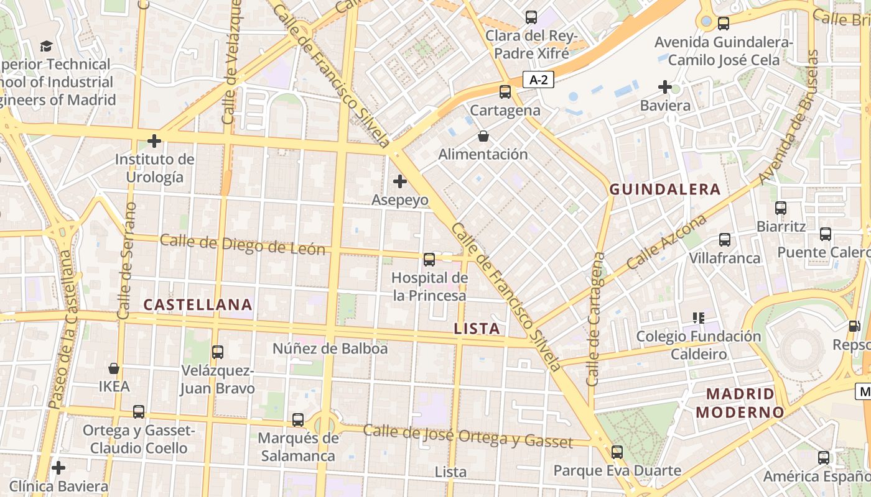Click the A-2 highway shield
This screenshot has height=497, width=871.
[x=538, y=80]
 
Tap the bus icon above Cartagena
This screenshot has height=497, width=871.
[x=505, y=92]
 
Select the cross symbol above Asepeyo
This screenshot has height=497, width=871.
[x=400, y=181]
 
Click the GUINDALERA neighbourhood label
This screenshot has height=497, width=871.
[x=665, y=189]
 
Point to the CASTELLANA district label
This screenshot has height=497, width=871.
[x=198, y=304]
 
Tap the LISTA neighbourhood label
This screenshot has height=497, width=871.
[x=477, y=329]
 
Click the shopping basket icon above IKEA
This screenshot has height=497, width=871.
[x=114, y=368]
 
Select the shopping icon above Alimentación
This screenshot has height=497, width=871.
[x=483, y=135]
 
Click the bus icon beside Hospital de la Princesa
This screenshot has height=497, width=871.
[x=429, y=260]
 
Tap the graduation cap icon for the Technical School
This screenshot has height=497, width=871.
[x=46, y=46]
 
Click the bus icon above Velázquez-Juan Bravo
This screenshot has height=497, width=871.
[x=218, y=352]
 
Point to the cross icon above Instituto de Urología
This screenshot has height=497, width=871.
[x=154, y=141]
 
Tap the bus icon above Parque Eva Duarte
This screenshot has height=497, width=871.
[x=617, y=452]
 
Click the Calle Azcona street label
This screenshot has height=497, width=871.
[x=667, y=242]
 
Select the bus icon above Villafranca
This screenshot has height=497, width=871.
[x=725, y=240]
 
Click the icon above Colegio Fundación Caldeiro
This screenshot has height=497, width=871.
[x=698, y=318]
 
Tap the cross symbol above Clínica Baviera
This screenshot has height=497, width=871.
[x=58, y=467]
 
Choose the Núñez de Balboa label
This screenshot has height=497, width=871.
[x=330, y=349]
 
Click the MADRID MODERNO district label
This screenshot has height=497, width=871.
[x=740, y=403]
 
